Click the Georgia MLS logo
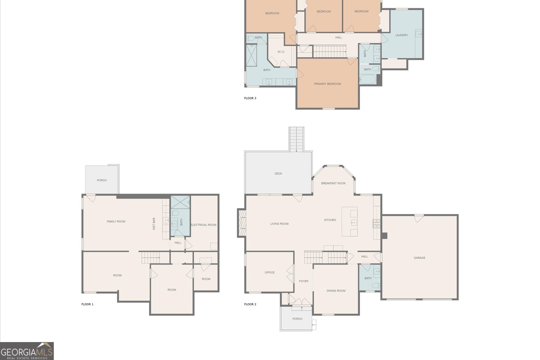pos(27,351)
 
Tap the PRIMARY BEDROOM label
pos(327,84)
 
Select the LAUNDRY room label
pos(402,35)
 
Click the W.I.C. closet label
pos(281,52)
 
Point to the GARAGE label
pos(420,258)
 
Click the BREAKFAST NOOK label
pos(333,183)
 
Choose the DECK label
pos(278,174)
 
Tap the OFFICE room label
pos(270,273)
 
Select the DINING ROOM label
pos(336,291)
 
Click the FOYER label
pos(304,281)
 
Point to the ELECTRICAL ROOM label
pos(204,225)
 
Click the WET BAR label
pos(154,224)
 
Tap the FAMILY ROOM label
pos(116,222)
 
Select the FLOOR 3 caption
pos(250,98)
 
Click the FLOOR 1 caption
pos(87,304)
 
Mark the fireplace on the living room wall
pos(242,223)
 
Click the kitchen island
pos(350,222)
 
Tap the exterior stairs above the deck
pos(297,139)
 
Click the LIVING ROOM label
pos(279,224)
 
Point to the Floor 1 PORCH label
pos(102,180)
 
